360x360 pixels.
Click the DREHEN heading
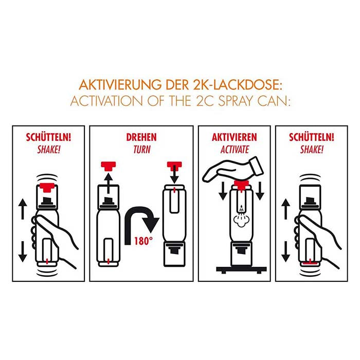[141, 138]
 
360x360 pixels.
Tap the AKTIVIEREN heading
[234, 138]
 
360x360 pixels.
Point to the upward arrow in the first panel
[22, 208]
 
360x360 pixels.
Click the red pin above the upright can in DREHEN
[109, 166]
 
